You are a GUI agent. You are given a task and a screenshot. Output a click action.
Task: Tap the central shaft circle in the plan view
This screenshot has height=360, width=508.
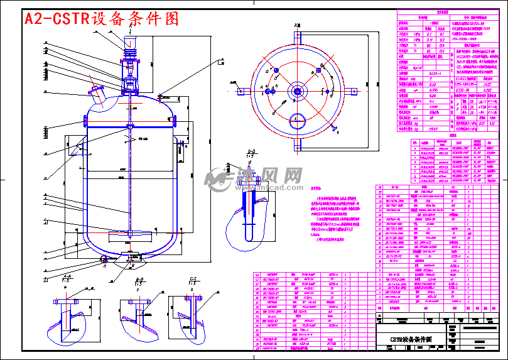click(x=296, y=92)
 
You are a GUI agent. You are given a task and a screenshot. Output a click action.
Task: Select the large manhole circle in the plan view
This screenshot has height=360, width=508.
click(x=297, y=119)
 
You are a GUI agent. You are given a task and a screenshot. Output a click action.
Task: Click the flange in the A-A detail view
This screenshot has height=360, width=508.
click(x=67, y=302)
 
